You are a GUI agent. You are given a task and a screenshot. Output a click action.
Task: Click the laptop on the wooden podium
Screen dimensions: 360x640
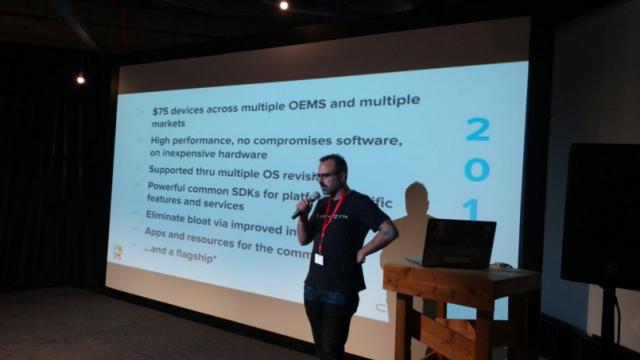tap(456, 242)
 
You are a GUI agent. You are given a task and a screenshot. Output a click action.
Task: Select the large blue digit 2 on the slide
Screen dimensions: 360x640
tap(478, 129)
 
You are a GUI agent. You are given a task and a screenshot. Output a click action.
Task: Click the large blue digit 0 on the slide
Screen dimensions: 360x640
tap(478, 170)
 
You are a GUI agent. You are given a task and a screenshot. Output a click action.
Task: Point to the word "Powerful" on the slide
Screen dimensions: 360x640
tap(170, 187)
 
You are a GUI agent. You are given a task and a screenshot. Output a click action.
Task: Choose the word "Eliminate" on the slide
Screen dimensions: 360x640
tap(171, 215)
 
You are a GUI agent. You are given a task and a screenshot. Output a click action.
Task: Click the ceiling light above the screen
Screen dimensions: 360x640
tap(284, 5)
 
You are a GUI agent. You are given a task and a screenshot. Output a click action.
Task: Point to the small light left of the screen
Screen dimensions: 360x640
tap(81, 78)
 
